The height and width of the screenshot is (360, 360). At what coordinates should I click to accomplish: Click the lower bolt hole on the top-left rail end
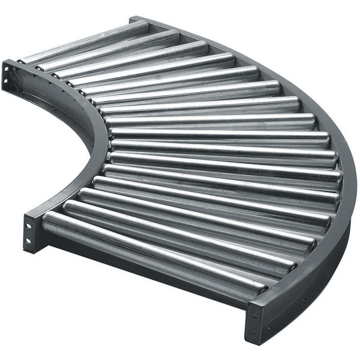click(x=6, y=81)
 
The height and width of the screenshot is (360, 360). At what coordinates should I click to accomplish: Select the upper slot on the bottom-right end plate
click(x=254, y=317)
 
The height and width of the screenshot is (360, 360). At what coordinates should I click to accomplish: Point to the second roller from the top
click(x=108, y=50)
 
